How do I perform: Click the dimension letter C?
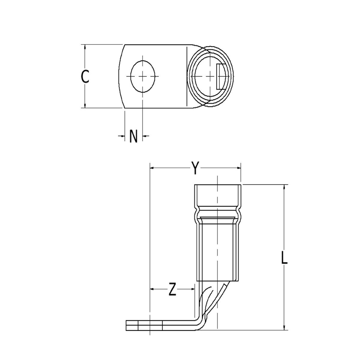tap(85, 76)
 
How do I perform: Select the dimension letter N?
tap(133, 136)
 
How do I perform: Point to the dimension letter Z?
tap(172, 290)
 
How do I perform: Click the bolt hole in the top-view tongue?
tap(142, 76)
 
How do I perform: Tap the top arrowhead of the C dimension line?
tap(85, 47)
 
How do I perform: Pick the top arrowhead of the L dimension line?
tap(284, 187)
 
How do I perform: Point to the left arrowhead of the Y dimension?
tap(152, 168)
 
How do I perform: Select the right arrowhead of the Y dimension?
tap(239, 168)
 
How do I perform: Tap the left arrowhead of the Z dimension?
tap(152, 289)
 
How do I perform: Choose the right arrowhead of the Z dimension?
tap(193, 289)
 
